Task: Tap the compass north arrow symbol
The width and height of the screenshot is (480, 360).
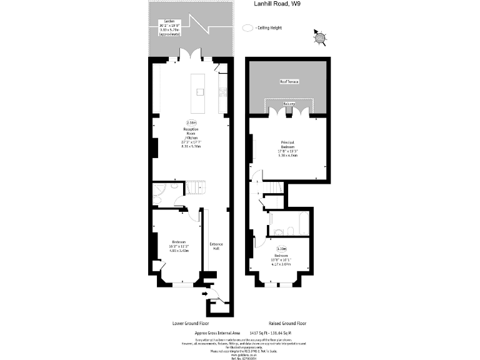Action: pos(320,39)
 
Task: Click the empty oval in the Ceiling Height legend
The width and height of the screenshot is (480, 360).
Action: pos(248,28)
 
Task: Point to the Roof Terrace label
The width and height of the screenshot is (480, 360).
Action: pos(288,82)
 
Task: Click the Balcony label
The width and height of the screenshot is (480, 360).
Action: pos(288,103)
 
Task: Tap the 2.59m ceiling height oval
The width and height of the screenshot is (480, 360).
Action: pos(191,122)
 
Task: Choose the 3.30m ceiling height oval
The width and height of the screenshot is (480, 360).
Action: pos(281,248)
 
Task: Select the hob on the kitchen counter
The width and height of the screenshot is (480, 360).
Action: pos(222,92)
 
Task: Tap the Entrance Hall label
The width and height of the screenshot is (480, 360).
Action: pos(216,246)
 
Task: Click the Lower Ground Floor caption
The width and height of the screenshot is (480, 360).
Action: pos(191,324)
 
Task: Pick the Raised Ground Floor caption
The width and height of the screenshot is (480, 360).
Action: pos(287,324)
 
